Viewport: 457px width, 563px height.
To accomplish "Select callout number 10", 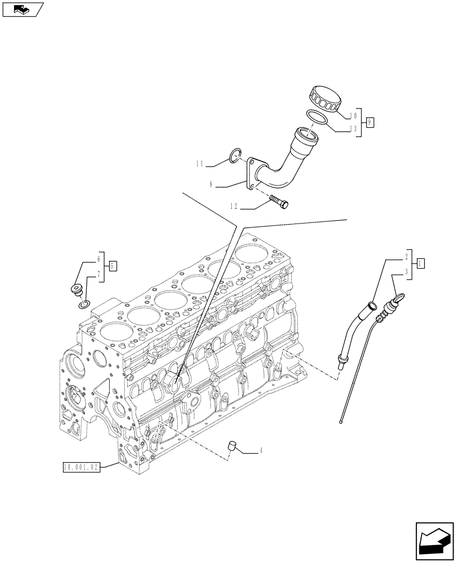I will coord(353,115).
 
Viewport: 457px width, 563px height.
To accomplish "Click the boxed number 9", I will coord(370,121).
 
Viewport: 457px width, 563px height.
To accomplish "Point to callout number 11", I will coord(199,164).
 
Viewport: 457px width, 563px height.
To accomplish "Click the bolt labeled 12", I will coord(280,201).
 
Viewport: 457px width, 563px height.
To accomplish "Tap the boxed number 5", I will coord(113,266).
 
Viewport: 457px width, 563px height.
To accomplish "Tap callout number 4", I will coord(261,450).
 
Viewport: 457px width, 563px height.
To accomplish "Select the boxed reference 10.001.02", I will coord(81,467).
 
